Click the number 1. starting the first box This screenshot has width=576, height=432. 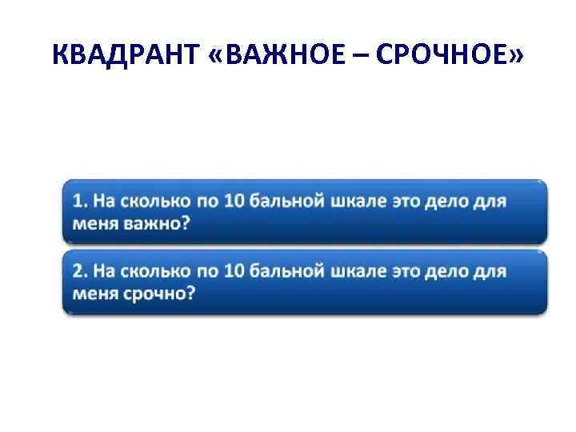(80, 201)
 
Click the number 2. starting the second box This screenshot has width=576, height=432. (80, 272)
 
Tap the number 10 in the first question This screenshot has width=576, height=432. (233, 201)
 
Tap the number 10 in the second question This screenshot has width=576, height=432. (233, 272)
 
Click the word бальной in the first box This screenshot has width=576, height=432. (286, 201)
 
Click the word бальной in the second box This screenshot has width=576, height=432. (286, 272)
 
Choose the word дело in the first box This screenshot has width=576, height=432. (451, 201)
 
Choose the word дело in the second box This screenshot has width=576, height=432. (451, 272)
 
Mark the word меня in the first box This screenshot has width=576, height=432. (95, 222)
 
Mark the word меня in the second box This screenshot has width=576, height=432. (95, 293)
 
